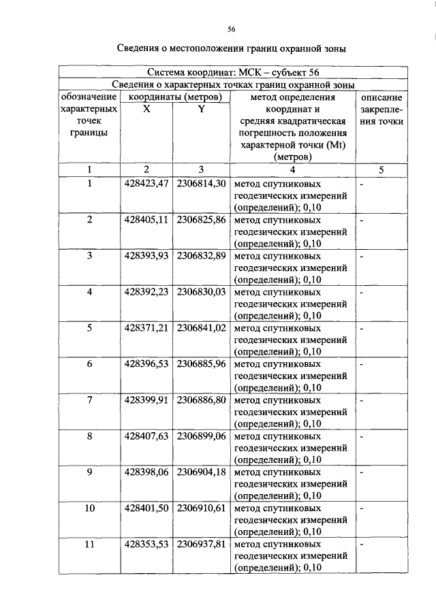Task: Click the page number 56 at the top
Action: [x=231, y=29]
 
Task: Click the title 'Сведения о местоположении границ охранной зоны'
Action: [x=231, y=49]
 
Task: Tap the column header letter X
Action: [x=146, y=109]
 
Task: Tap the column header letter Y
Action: [x=201, y=109]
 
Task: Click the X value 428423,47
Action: [x=146, y=184]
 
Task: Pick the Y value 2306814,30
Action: [x=201, y=184]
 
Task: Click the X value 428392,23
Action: [x=146, y=292]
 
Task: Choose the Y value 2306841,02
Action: [x=201, y=328]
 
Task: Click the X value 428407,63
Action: [x=146, y=436]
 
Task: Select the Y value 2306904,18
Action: [x=201, y=472]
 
